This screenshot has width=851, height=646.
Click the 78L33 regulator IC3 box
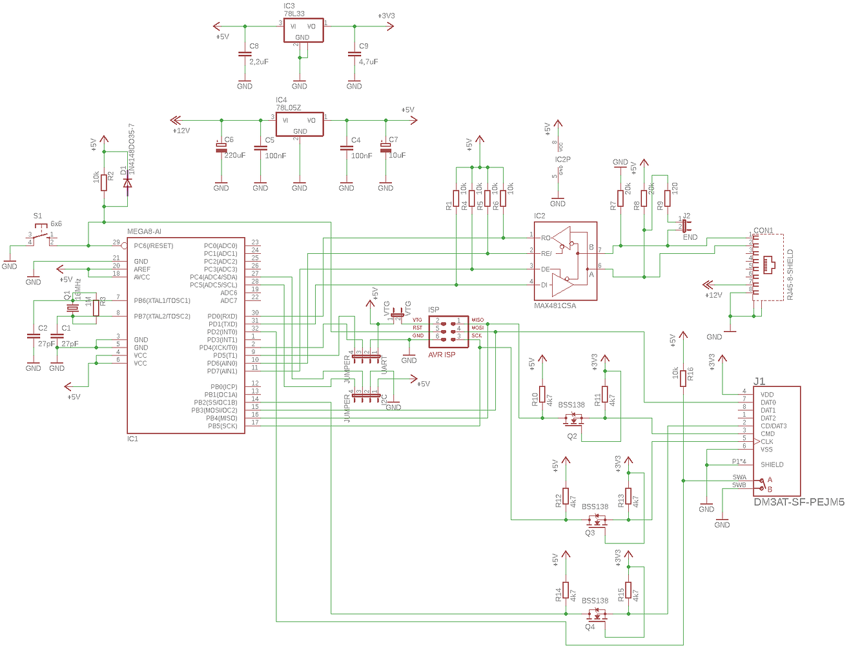tap(303, 30)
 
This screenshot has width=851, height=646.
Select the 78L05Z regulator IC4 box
tap(300, 125)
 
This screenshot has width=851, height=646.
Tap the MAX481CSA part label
tap(555, 306)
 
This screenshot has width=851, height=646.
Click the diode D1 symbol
tap(127, 183)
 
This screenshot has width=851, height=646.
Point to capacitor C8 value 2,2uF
tap(259, 62)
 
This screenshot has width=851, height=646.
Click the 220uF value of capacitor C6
tap(235, 155)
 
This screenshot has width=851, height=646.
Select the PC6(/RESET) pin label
tap(154, 245)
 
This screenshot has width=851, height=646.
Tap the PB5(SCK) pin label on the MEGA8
tap(222, 426)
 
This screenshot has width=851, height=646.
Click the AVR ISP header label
tap(442, 355)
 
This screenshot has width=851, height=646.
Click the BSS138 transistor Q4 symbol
tap(597, 616)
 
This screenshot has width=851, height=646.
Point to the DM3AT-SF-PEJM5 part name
tap(799, 502)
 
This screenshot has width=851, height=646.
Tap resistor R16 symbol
tap(683, 379)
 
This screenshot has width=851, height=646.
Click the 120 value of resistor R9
tap(675, 188)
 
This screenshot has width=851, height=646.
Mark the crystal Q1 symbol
tap(72, 308)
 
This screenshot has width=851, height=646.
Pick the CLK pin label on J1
tap(767, 442)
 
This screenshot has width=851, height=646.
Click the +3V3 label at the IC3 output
tap(386, 16)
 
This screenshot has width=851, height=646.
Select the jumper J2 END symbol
tap(684, 225)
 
